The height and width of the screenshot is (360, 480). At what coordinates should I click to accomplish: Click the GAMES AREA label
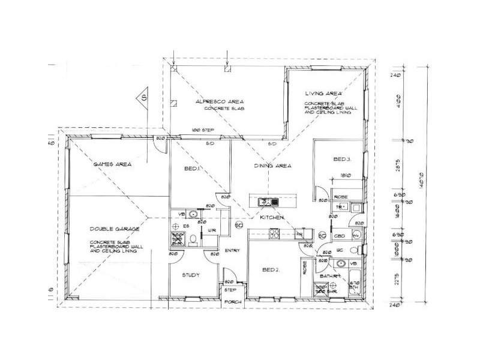click(x=112, y=164)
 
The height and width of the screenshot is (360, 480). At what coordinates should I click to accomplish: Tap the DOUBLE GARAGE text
click(x=115, y=229)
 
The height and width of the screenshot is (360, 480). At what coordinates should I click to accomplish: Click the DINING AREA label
click(x=272, y=166)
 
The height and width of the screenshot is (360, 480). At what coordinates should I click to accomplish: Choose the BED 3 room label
click(x=342, y=159)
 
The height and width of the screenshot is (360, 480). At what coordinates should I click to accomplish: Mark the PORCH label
click(x=231, y=302)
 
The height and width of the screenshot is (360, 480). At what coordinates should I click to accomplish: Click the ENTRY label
click(x=232, y=251)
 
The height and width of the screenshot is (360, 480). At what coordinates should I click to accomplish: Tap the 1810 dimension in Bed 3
click(x=344, y=176)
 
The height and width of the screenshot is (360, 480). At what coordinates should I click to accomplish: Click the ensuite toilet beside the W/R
click(x=193, y=241)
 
